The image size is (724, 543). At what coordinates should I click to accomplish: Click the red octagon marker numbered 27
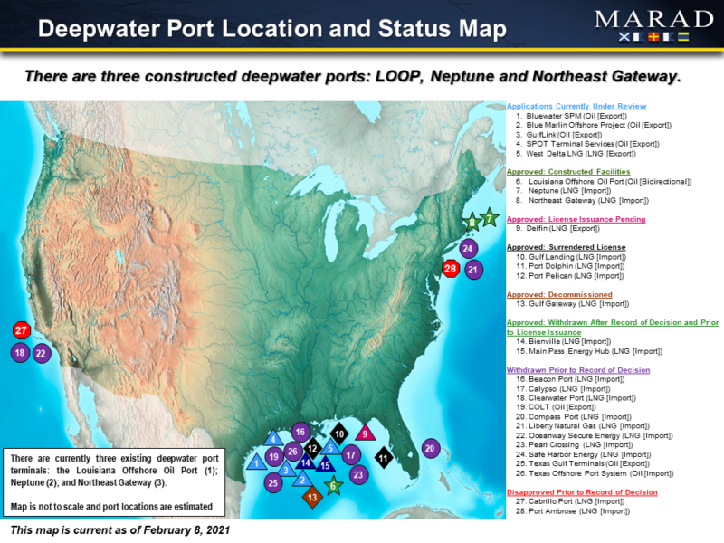click(x=21, y=331)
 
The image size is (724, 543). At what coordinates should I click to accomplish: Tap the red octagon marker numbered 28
click(x=450, y=268)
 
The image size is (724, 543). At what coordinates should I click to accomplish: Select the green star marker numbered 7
click(x=490, y=217)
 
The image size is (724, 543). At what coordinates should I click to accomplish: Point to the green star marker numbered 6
click(x=333, y=485)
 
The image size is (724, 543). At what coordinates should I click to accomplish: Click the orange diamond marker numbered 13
click(x=312, y=496)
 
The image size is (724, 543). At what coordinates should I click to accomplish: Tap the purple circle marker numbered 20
click(x=430, y=448)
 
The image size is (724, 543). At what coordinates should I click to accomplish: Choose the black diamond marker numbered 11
click(x=383, y=459)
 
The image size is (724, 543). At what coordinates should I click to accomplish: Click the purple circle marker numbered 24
click(x=468, y=248)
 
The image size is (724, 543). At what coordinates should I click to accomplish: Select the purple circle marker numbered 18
click(x=20, y=354)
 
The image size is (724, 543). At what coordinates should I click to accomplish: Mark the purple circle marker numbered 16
click(x=300, y=432)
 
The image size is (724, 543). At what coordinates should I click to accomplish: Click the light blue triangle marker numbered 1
click(x=257, y=462)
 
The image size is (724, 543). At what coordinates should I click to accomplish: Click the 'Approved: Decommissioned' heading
click(x=559, y=294)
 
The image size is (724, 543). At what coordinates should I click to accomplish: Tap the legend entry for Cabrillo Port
click(x=570, y=501)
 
